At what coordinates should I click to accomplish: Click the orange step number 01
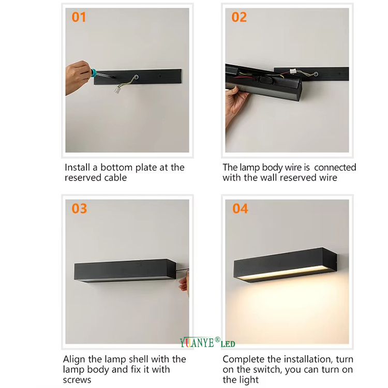pyautogui.click(x=79, y=17)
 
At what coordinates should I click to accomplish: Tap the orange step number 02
pyautogui.click(x=239, y=17)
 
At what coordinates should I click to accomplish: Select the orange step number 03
pyautogui.click(x=80, y=208)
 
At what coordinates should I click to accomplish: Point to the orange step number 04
pyautogui.click(x=240, y=208)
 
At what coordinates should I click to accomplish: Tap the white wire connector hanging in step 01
pyautogui.click(x=117, y=89)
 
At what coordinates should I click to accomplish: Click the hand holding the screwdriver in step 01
pyautogui.click(x=78, y=77)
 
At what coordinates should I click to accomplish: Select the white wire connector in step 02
pyautogui.click(x=293, y=71)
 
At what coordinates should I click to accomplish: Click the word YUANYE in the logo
pyautogui.click(x=197, y=342)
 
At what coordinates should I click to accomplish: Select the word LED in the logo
pyautogui.click(x=228, y=344)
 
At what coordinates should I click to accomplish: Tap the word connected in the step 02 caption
pyautogui.click(x=335, y=168)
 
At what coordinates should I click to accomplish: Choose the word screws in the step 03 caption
pyautogui.click(x=77, y=380)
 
